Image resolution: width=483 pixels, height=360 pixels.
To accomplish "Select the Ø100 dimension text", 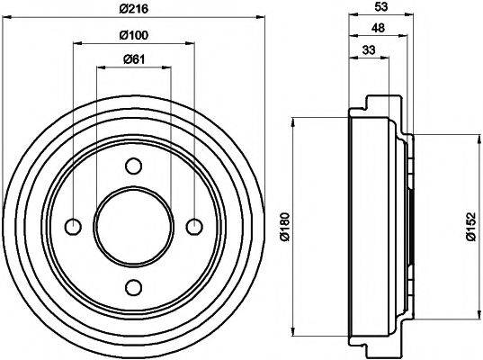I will tap(133, 35).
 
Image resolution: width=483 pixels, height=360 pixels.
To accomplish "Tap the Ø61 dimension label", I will tap(133, 60).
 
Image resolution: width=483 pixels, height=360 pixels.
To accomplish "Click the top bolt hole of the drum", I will tap(134, 166).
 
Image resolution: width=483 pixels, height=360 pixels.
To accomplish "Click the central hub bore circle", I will tap(134, 226).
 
